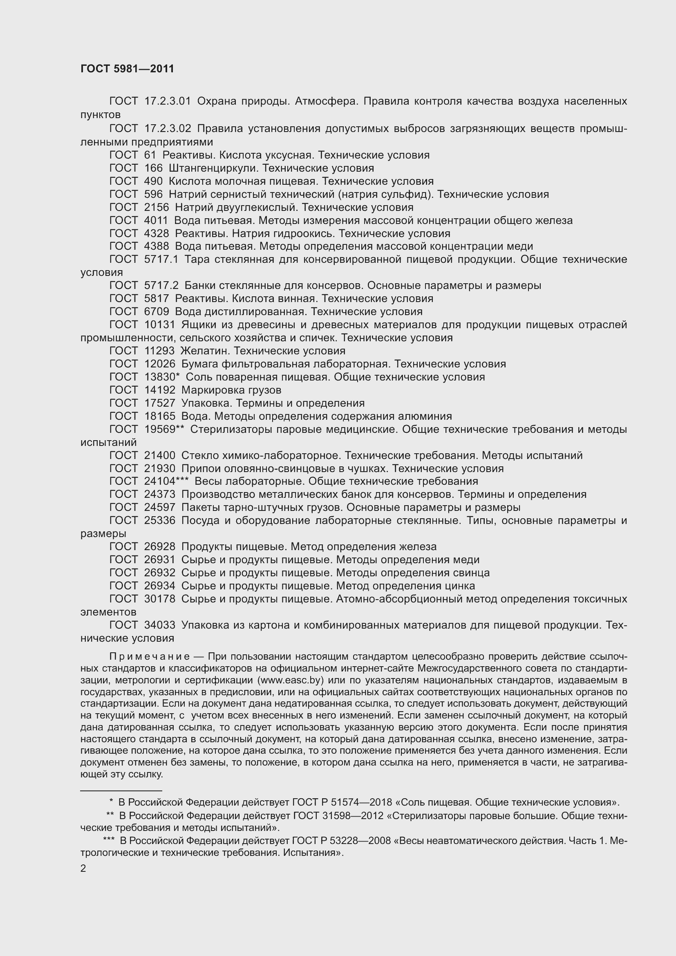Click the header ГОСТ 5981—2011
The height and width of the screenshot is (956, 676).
pyautogui.click(x=127, y=69)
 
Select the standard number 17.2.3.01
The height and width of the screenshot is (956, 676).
pyautogui.click(x=167, y=101)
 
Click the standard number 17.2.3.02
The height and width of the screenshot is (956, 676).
pyautogui.click(x=167, y=129)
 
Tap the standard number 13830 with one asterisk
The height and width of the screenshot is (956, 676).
pyautogui.click(x=161, y=377)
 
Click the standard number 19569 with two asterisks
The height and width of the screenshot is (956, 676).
pyautogui.click(x=163, y=429)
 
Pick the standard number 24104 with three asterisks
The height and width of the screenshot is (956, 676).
pyautogui.click(x=166, y=481)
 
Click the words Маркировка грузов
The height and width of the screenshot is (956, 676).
pyautogui.click(x=231, y=390)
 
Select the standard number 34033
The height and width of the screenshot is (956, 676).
pyautogui.click(x=159, y=625)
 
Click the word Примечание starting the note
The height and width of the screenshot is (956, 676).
pyautogui.click(x=150, y=657)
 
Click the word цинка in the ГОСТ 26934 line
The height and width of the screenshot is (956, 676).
pyautogui.click(x=459, y=586)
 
